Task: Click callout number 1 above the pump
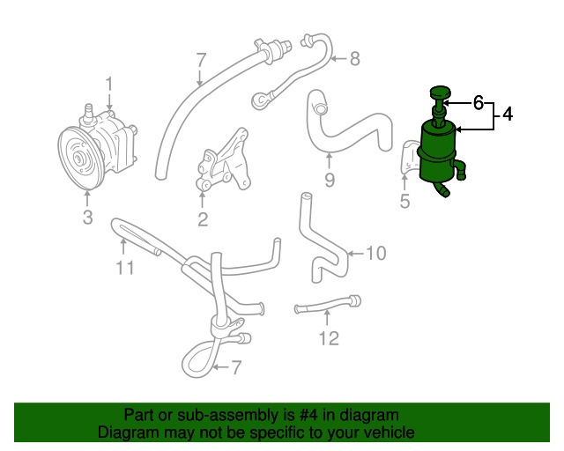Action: pos(110,84)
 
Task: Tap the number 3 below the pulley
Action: pos(87,218)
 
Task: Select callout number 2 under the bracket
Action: pos(203,219)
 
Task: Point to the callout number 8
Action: pos(354,59)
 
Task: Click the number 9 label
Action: pos(329,182)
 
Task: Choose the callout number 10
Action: pos(375,254)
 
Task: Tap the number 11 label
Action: pos(126,268)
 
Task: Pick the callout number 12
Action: pos(328,338)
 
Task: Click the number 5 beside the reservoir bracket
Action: pos(405,202)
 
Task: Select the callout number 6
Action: pos(479,103)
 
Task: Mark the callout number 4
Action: pos(508,114)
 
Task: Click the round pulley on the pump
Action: pos(81,159)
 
